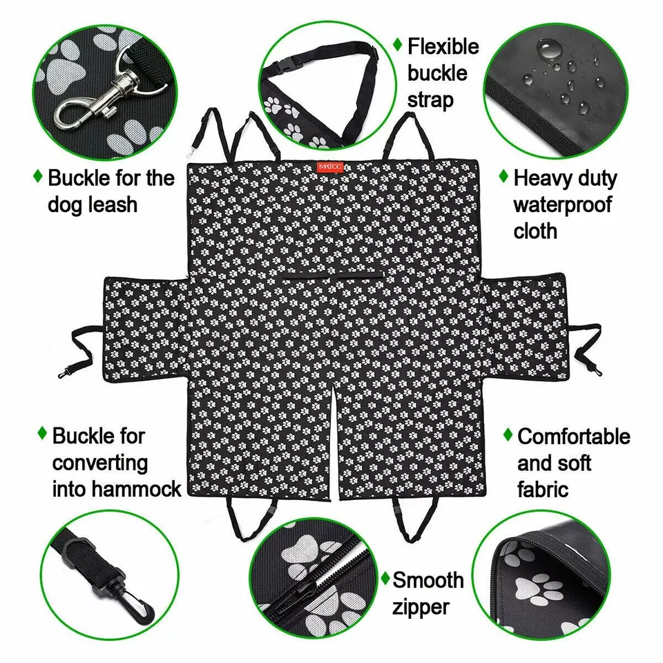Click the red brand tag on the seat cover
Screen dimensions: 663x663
(325, 166)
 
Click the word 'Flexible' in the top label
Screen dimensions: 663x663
(443, 47)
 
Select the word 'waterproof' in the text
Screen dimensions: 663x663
(562, 204)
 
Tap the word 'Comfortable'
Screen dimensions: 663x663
(574, 436)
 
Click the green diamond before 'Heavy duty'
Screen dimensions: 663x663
(503, 177)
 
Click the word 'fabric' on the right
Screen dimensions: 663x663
(543, 489)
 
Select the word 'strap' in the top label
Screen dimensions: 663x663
(430, 99)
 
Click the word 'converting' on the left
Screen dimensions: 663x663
(100, 462)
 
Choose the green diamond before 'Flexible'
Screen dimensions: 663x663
(398, 45)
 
